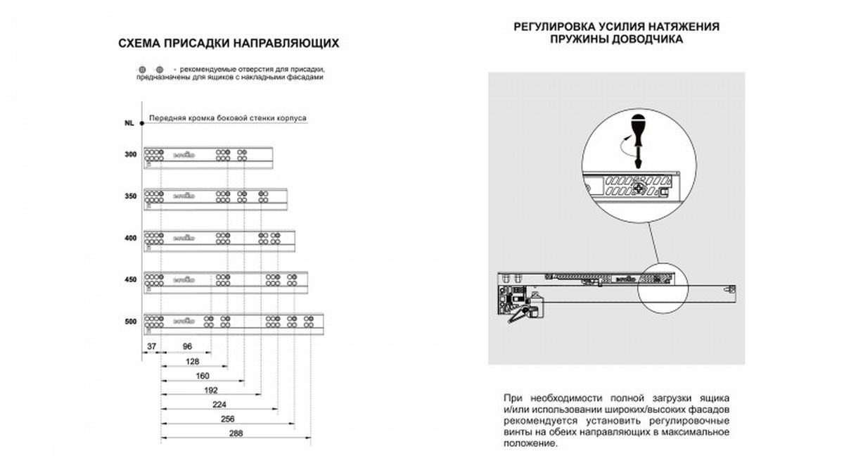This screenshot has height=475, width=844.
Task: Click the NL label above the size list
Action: coord(129,123)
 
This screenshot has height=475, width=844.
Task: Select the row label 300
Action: coord(130,154)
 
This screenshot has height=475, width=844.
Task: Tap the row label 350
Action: coord(130,197)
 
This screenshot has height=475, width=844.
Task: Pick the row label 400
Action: coord(130,239)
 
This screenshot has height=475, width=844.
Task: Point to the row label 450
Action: coord(130,279)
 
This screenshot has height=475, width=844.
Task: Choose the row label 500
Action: coord(130,322)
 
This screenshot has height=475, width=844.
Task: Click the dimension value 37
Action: coord(152,346)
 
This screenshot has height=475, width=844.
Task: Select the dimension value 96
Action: coord(187,346)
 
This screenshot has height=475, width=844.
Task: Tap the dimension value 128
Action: coord(194,360)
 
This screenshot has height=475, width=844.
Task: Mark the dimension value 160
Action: coord(203,375)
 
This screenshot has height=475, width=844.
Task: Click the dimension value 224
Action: coord(219,404)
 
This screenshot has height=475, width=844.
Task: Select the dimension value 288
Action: coord(236,433)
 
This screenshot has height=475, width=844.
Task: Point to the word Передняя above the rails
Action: coord(167,119)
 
